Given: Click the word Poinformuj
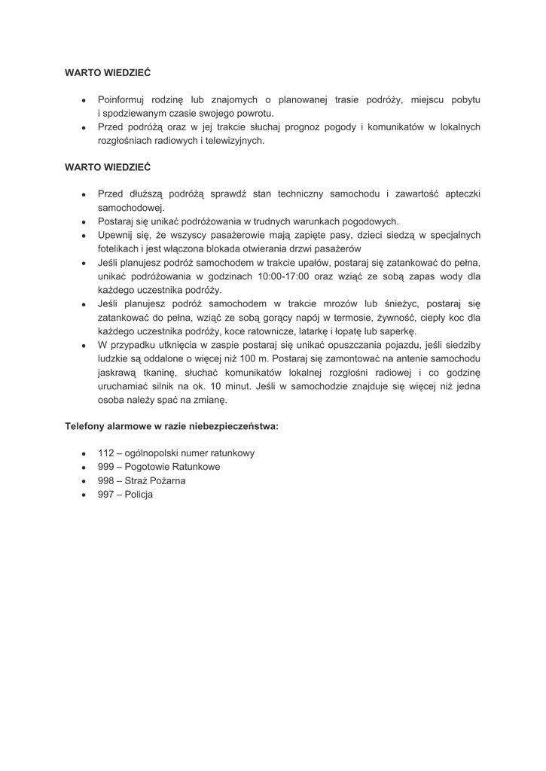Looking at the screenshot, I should click(x=123, y=99).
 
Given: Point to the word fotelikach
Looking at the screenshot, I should click(x=120, y=248).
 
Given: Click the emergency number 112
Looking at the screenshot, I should click(x=105, y=453).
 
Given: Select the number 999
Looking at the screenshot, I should click(x=105, y=467).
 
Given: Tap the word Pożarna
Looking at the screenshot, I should click(x=166, y=480).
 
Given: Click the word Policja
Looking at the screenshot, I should click(x=139, y=494).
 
